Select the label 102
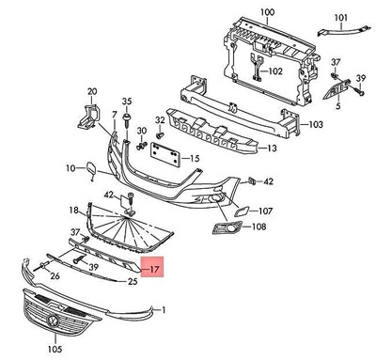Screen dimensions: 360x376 pos(275,70)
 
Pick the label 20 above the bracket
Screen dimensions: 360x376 pos(92,92)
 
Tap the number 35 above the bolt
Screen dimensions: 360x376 pos(128,101)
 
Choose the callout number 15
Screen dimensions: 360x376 pos(196,160)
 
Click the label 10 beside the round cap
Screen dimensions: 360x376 pos(70,168)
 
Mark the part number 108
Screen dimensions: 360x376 pos(258,227)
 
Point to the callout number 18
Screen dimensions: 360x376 pos(74,210)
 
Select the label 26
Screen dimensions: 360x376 pos(55,275)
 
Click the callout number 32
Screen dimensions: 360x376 pos(160,121)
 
